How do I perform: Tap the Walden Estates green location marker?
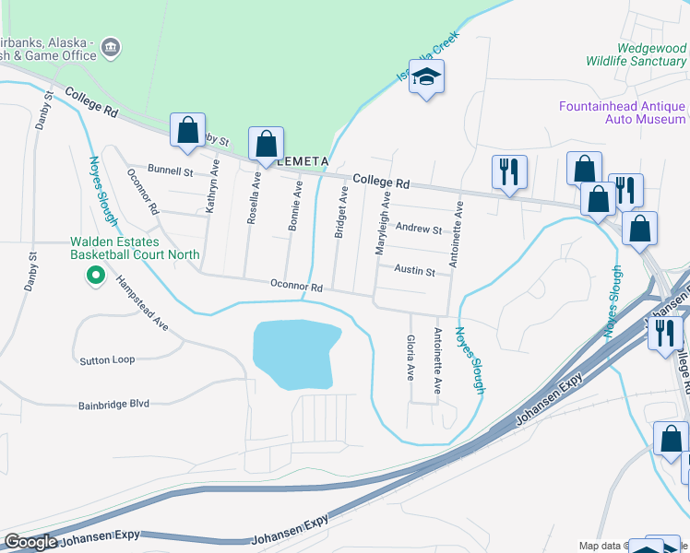94,276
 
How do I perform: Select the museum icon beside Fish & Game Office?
111,46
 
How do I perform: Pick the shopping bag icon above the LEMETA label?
266,144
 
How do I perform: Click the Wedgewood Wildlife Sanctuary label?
636,54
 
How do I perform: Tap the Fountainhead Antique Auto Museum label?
623,112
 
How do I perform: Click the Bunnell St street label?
170,171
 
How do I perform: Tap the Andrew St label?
419,229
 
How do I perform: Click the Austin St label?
414,271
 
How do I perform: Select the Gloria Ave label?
410,358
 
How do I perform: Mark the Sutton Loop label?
107,359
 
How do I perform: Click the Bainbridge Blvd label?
113,404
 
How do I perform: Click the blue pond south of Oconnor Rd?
292,354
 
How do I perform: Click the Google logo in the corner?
31,543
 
